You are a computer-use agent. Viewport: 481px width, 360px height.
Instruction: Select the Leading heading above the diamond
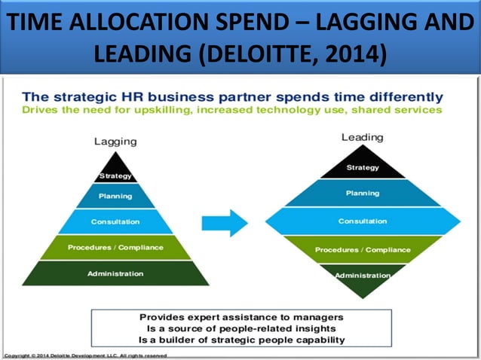362,138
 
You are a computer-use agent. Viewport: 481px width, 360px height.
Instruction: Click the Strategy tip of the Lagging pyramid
115,172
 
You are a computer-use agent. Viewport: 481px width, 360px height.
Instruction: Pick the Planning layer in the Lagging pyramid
115,197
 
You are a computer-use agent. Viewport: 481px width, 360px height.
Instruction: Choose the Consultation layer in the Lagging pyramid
115,222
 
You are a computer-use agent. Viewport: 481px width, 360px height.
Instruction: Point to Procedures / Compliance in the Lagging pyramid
115,248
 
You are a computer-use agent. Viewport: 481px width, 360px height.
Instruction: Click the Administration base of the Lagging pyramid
115,273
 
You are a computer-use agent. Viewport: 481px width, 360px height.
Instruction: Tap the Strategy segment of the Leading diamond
363,167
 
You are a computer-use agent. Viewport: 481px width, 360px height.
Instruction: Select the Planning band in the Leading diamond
363,194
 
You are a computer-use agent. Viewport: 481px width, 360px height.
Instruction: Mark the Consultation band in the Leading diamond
363,221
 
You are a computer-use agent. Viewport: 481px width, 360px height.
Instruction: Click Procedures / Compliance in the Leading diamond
363,250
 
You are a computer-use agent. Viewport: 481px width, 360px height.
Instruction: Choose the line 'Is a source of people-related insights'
242,328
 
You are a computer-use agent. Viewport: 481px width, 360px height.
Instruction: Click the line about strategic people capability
242,339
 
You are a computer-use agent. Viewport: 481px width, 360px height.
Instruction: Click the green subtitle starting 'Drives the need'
232,110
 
